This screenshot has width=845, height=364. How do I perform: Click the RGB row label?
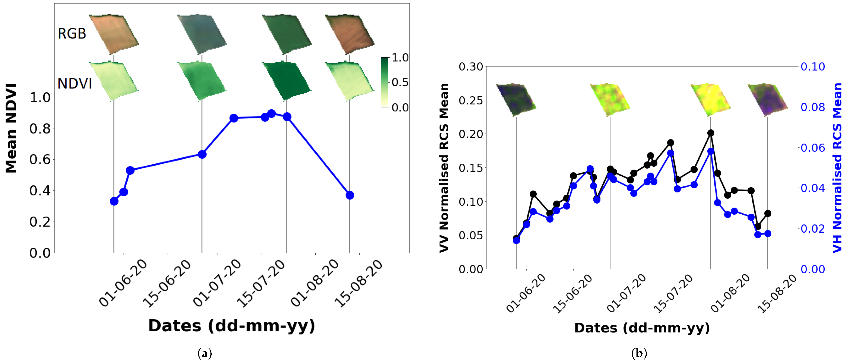pos(72,33)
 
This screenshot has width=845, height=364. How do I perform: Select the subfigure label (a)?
pos(205,353)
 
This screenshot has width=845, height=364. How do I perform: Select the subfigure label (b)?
pos(639,353)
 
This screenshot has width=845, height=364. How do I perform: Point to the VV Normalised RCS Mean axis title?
pos(444,168)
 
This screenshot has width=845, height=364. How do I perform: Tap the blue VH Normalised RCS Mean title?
pos(837,168)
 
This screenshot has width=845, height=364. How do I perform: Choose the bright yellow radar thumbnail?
pos(710,99)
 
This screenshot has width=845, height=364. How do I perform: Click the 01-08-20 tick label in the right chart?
pos(730,293)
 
